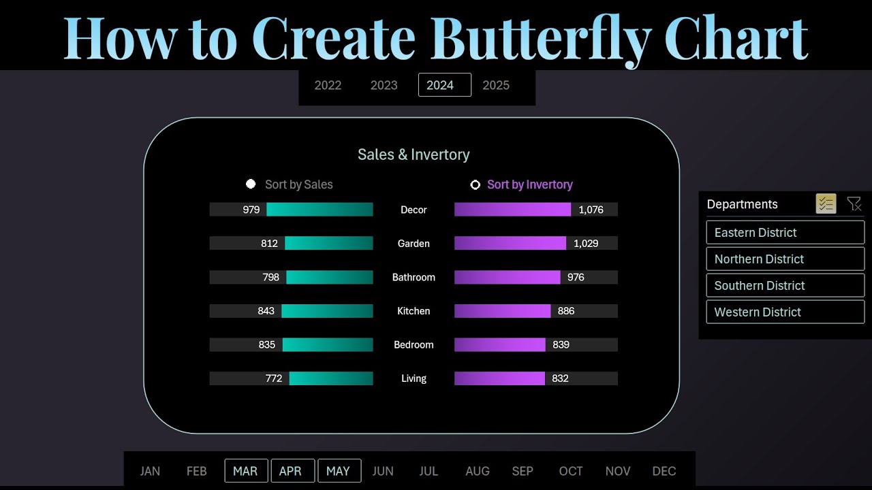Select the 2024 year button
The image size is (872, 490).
coord(444,85)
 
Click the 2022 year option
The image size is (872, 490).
coord(328,85)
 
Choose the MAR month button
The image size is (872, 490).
coord(245,471)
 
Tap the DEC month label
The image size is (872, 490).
coord(664,471)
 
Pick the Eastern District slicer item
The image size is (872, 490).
coord(785,233)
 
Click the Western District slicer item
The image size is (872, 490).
coord(785,312)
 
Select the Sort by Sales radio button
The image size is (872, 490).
coord(251,184)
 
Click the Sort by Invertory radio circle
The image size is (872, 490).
coord(476,184)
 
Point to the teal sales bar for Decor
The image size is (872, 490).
coord(320,210)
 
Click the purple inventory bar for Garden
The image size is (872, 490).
coord(510,244)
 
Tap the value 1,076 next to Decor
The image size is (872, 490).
coord(591,210)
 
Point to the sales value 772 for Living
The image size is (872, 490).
coord(274,378)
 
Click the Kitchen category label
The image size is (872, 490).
coord(414,311)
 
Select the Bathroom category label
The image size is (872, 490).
coord(414,278)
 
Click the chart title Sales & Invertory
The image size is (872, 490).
coord(414,155)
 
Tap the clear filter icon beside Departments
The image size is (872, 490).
coord(854,203)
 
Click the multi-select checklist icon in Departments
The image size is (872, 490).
coord(826,203)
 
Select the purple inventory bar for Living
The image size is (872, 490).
coord(499,378)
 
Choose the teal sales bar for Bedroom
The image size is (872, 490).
coord(328,345)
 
